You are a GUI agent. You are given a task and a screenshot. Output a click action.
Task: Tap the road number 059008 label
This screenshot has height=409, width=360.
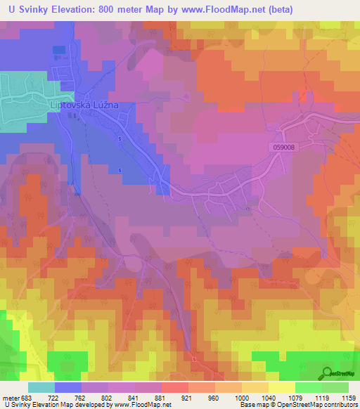tap(281, 147)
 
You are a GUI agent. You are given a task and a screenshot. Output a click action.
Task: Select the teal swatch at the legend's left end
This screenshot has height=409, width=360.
tap(41, 387)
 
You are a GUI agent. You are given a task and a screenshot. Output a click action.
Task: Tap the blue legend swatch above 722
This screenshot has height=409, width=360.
tap(68, 387)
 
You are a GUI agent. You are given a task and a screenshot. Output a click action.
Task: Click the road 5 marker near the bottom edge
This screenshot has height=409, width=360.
tap(193, 358)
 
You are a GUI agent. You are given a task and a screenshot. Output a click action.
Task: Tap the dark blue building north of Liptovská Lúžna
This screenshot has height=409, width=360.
tap(58, 50)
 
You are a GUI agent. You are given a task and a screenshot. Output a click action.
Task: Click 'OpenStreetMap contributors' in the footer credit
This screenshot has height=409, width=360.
tap(314, 405)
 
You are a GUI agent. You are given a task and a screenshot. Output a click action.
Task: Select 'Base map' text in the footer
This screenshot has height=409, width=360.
tap(252, 405)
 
